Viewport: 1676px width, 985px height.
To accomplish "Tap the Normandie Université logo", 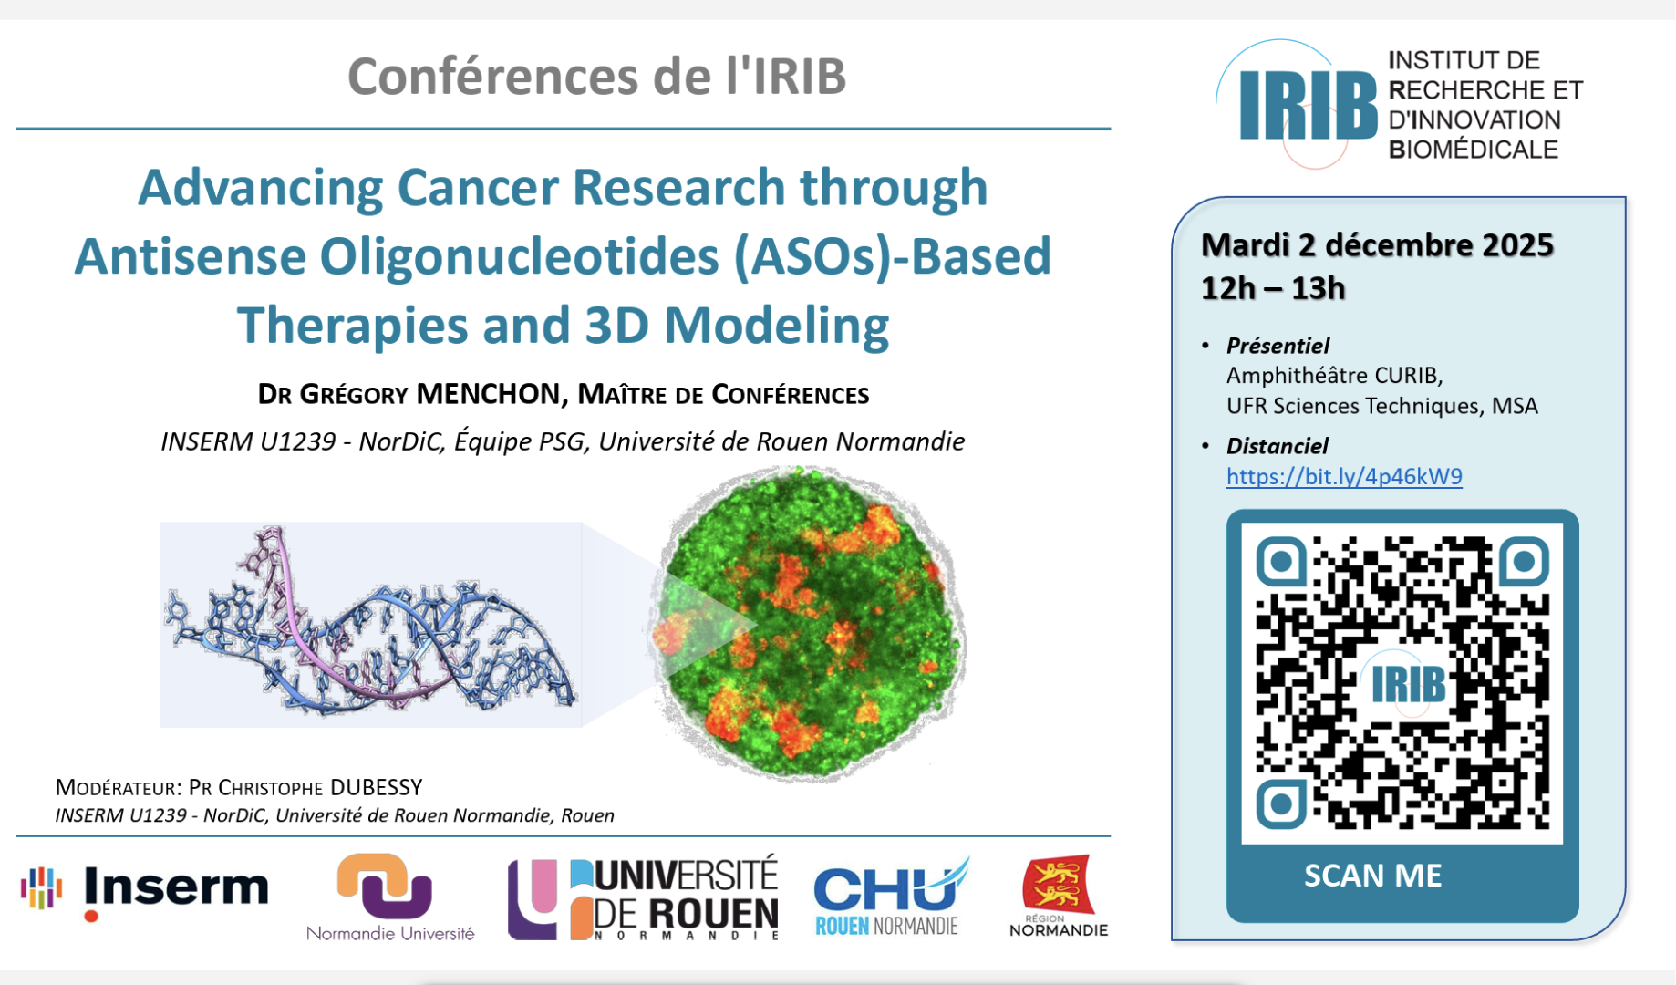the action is [390, 897].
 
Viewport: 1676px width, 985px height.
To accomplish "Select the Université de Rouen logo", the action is [643, 898].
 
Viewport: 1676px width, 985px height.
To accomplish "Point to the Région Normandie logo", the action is [1059, 897].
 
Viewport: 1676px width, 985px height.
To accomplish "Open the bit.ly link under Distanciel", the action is [1344, 476].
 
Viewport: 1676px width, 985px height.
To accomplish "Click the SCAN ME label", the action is [1372, 876].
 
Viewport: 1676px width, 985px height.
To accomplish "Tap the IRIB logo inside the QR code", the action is [1408, 686].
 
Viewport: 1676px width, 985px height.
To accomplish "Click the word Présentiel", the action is [1278, 346].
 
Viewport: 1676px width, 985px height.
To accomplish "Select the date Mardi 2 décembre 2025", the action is [1377, 244].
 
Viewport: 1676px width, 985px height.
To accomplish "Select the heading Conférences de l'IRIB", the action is [597, 76].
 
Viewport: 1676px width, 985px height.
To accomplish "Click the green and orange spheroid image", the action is [808, 624].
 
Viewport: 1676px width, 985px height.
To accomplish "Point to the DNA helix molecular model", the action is [370, 626].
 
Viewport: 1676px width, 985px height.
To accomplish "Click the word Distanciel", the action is [1277, 446].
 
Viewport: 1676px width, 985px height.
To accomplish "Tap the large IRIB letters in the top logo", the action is [1308, 106].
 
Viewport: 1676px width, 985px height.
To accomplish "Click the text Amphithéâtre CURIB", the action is [1334, 376].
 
